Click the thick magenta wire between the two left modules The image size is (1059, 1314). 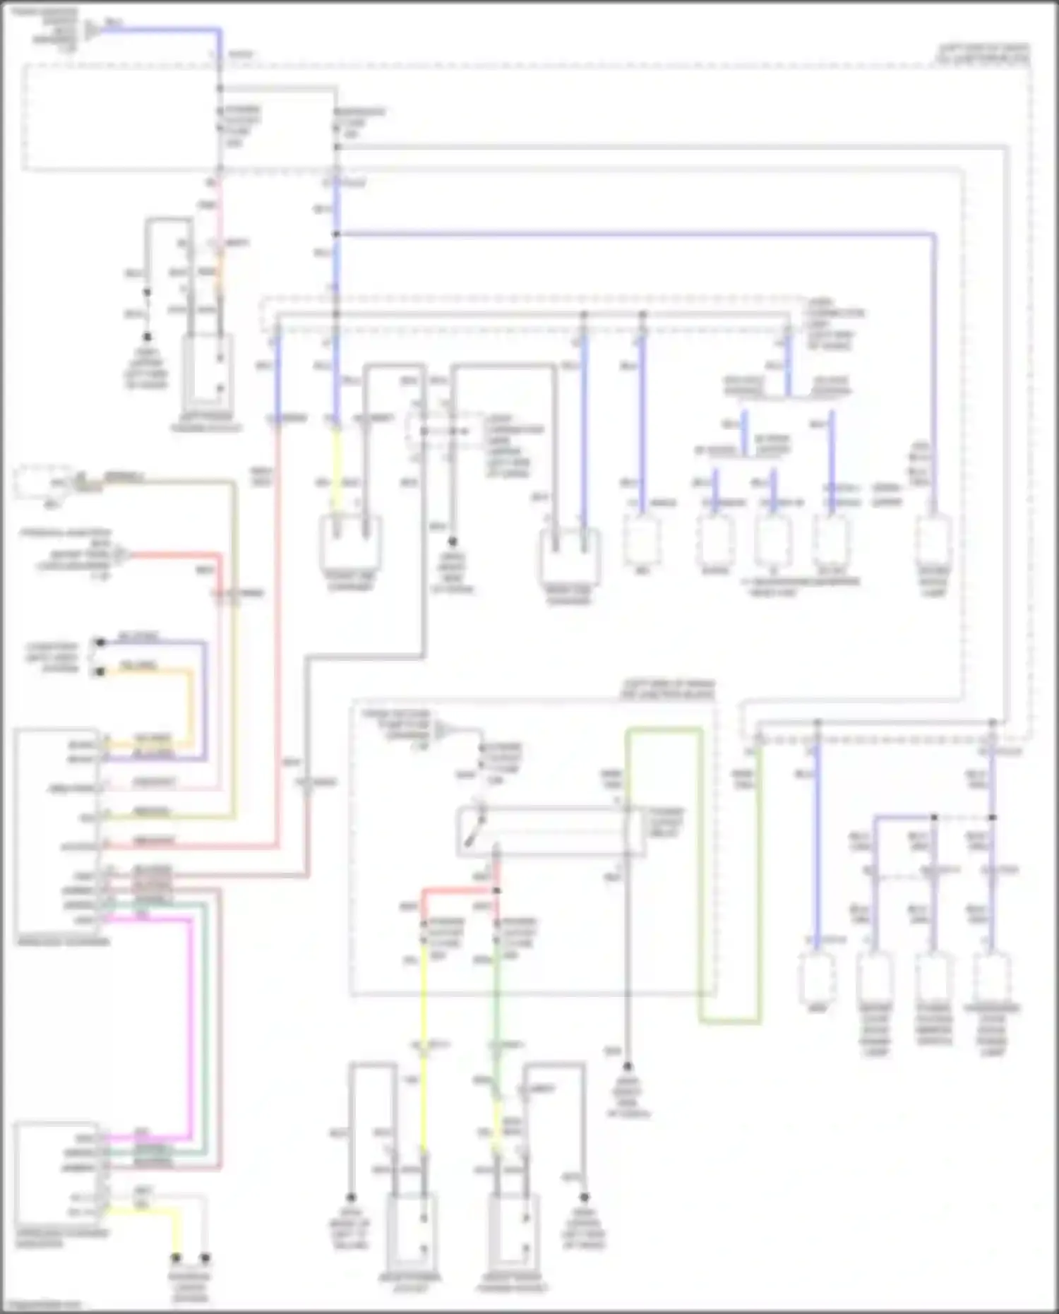click(x=190, y=1024)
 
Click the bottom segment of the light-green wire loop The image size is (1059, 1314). click(x=730, y=1021)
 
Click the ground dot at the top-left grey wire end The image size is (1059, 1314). click(x=148, y=338)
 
